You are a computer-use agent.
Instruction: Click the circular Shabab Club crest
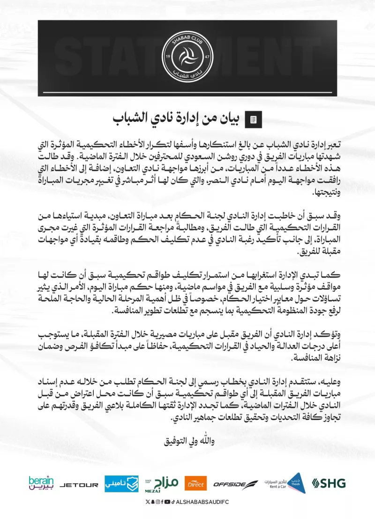point(187,56)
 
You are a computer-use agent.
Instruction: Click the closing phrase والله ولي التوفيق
point(187,441)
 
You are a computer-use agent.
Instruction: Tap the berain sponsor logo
point(41,483)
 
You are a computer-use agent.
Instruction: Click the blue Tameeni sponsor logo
point(121,484)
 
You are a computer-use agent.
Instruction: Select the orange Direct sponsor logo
point(195,483)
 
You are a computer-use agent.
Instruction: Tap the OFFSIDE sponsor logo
point(235,484)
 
